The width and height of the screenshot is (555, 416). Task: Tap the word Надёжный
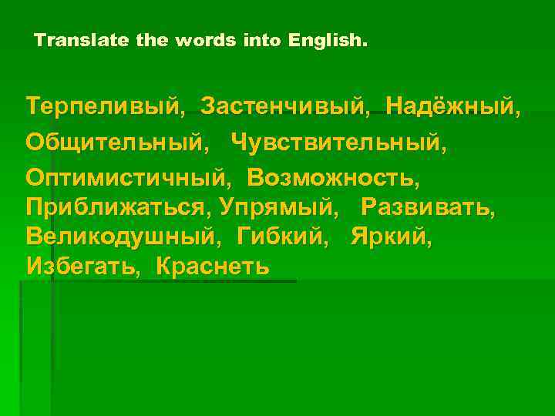451,104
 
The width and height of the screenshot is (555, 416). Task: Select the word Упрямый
278,207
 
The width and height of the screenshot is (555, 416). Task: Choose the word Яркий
390,237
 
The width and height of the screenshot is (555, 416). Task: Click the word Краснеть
213,266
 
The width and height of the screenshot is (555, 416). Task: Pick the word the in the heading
153,39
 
